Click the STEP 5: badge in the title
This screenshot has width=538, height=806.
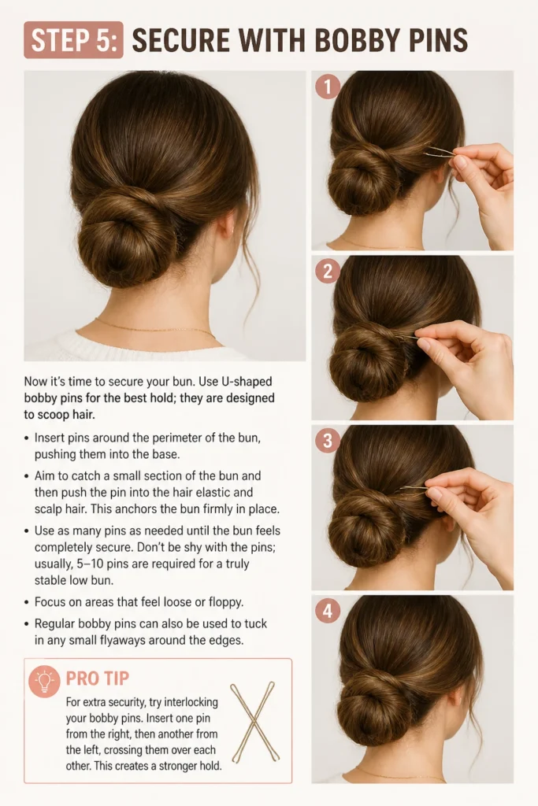[x=73, y=40]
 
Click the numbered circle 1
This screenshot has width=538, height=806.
[x=328, y=86]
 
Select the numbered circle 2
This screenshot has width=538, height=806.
[x=328, y=271]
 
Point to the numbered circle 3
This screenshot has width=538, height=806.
[x=328, y=441]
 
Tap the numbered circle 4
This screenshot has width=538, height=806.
[x=328, y=611]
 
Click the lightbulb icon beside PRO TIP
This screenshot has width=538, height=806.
[x=45, y=681]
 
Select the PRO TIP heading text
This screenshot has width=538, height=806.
[x=98, y=678]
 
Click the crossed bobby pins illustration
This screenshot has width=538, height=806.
[x=254, y=723]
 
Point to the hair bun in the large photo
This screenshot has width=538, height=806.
[x=121, y=236]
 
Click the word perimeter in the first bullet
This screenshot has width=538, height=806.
[x=176, y=438]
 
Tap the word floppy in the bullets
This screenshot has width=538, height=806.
[x=224, y=602]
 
